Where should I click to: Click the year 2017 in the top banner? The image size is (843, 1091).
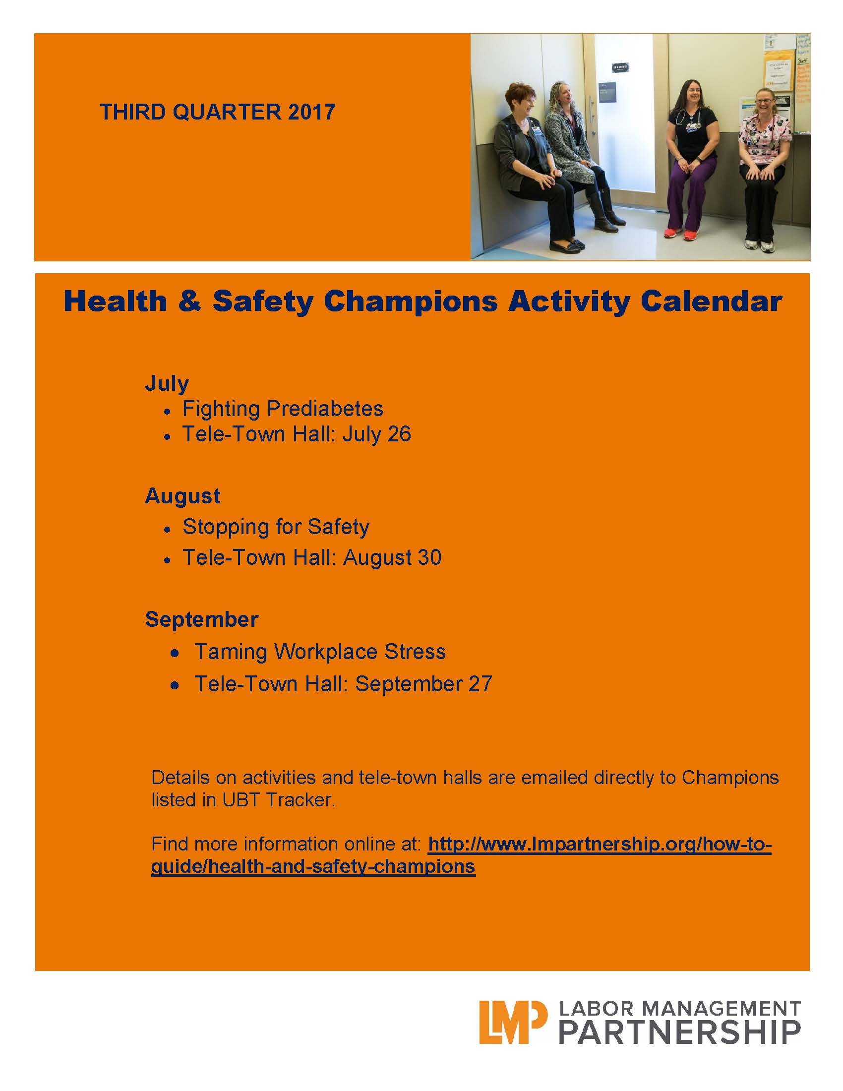coord(311,112)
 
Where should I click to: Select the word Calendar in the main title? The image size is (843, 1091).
coord(711,301)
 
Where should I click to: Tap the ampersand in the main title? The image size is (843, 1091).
coord(189,301)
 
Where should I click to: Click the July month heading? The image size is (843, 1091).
coord(167,384)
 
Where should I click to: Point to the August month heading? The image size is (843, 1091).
coord(183,496)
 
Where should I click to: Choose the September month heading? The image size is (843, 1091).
coord(202,619)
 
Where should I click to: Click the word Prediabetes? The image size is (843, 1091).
coord(325,409)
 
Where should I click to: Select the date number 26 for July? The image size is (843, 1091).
coord(399,433)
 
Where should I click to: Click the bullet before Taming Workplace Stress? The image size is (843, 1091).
coord(175,653)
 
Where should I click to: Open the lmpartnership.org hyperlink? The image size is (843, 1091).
coord(462,855)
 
